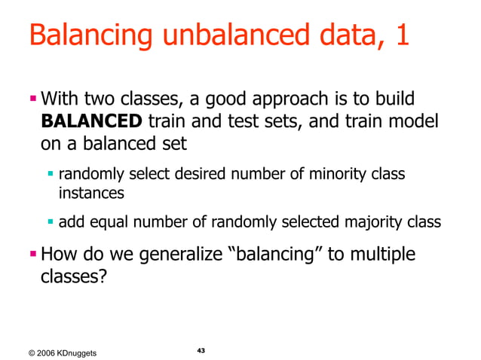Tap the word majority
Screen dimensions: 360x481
pos(364,221)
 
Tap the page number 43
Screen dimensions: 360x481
pos(201,351)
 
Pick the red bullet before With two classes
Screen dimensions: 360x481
pos(33,98)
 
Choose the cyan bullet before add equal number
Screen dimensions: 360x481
pos(51,221)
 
